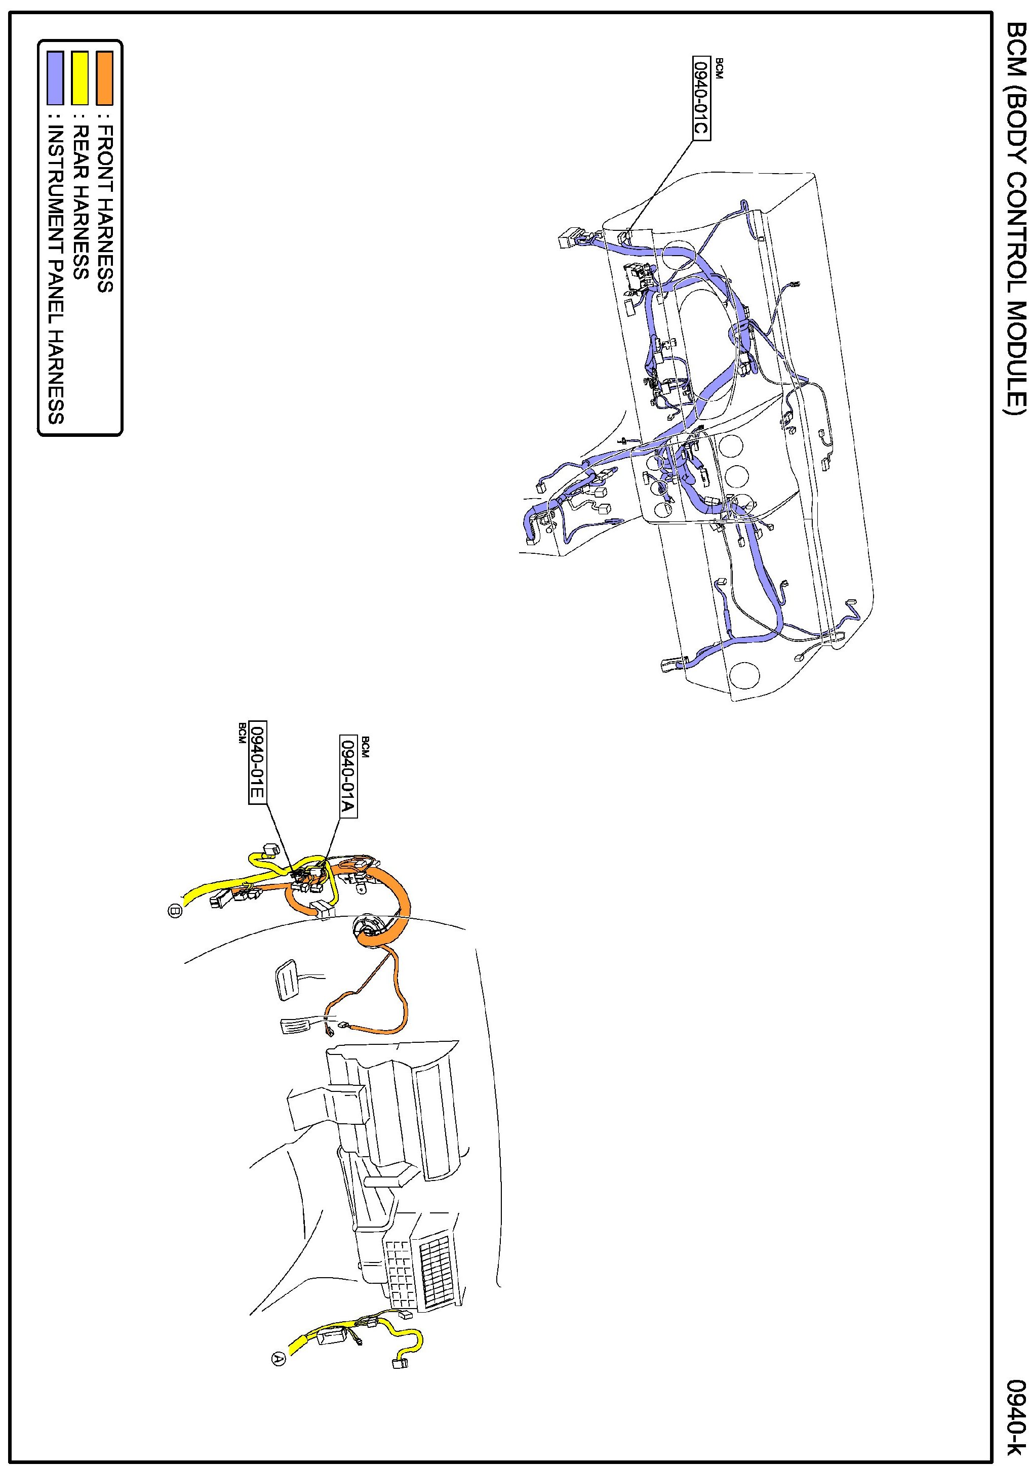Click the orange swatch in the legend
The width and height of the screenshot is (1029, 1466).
pos(105,78)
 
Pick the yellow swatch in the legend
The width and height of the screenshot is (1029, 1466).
pos(80,78)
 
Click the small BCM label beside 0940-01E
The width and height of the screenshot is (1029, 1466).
pos(242,733)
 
